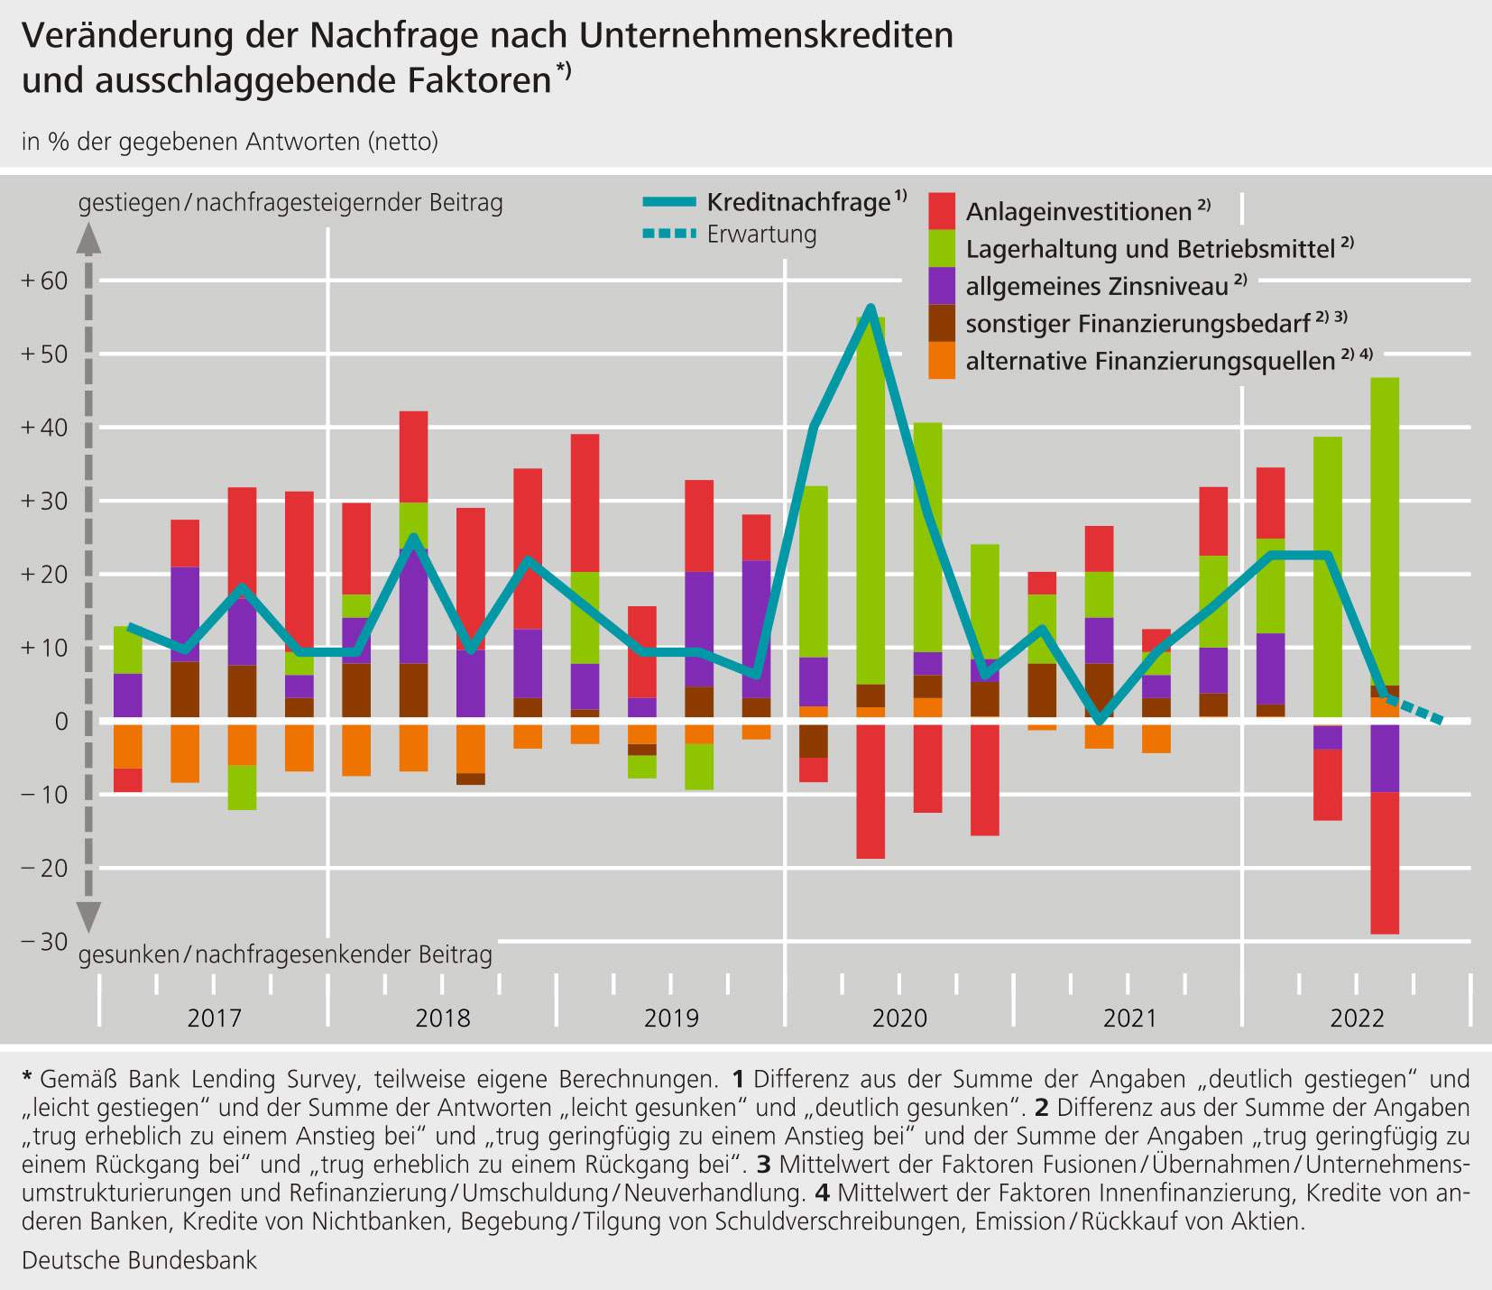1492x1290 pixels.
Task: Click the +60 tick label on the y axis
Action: coord(44,281)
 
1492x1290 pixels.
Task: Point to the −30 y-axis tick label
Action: coord(44,942)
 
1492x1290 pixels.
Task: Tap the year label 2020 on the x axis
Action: coord(899,1018)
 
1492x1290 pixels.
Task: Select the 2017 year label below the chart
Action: coord(215,1018)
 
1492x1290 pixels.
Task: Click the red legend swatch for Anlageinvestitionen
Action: coord(942,211)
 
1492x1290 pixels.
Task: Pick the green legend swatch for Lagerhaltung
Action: coord(942,248)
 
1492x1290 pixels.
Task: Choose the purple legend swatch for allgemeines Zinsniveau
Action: coord(942,286)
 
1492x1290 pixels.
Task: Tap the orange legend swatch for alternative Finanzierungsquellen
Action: coord(942,360)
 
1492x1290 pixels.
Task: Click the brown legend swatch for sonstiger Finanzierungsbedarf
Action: coord(942,323)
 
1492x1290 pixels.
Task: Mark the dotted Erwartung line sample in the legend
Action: coord(669,235)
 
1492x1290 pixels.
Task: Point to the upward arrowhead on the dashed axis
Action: coord(88,236)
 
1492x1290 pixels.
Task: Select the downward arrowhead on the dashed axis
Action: coord(88,917)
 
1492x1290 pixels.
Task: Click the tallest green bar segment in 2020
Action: coord(870,501)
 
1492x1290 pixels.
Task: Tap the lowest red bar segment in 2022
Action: coord(1385,862)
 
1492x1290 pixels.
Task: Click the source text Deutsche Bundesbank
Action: coord(139,1260)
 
